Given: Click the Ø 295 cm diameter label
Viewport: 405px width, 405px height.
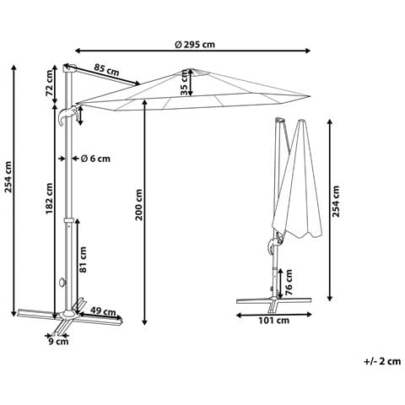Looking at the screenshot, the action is pos(195,45).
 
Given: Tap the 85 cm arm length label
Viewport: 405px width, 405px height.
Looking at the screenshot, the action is pos(106,70).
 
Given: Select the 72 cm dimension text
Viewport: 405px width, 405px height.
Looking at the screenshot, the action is pos(50,83).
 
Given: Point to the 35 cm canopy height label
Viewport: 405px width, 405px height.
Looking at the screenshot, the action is pos(184,83).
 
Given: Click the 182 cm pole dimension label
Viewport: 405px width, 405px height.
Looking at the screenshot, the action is pos(50,198).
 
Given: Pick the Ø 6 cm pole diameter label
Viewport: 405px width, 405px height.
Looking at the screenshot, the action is pos(95,159).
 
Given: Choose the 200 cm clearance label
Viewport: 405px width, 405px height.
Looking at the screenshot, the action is pos(139,205).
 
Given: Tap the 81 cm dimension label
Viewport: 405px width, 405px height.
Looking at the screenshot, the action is pos(83,260).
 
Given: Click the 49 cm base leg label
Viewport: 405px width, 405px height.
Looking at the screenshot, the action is pos(103,312).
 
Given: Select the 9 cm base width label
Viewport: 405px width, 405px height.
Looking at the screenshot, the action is pos(58,342).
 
